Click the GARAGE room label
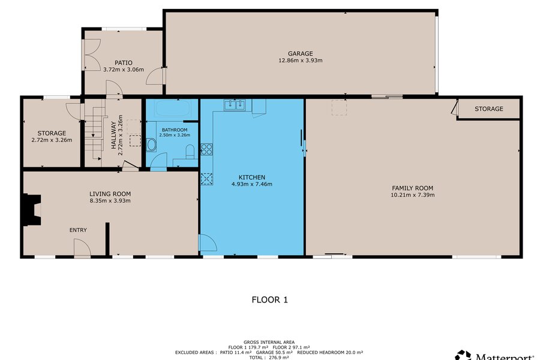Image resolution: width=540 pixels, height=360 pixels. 301,53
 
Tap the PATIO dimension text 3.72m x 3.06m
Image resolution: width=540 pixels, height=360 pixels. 124,69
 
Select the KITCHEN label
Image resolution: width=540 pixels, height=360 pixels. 252,177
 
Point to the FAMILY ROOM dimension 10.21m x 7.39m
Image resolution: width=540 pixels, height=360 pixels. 413,194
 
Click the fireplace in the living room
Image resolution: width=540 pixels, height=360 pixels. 32,210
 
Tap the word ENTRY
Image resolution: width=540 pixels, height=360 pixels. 78,230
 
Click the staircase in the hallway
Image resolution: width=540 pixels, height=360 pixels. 94,133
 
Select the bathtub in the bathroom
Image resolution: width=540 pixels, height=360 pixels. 172,108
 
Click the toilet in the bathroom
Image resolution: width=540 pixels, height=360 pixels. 190,152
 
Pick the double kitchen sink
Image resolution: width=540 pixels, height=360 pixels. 235,105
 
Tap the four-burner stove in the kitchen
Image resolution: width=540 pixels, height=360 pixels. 206,149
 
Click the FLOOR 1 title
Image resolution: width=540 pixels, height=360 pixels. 269,300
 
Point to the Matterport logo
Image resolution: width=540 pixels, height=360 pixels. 497,356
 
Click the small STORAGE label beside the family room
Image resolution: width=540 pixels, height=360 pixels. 488,109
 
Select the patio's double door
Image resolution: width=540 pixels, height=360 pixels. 92,55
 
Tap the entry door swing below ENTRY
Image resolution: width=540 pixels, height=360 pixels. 82,248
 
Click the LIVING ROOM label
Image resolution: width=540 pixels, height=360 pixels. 110,194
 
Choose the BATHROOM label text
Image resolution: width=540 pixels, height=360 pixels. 175,130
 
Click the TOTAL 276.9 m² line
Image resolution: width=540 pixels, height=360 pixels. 269,358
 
